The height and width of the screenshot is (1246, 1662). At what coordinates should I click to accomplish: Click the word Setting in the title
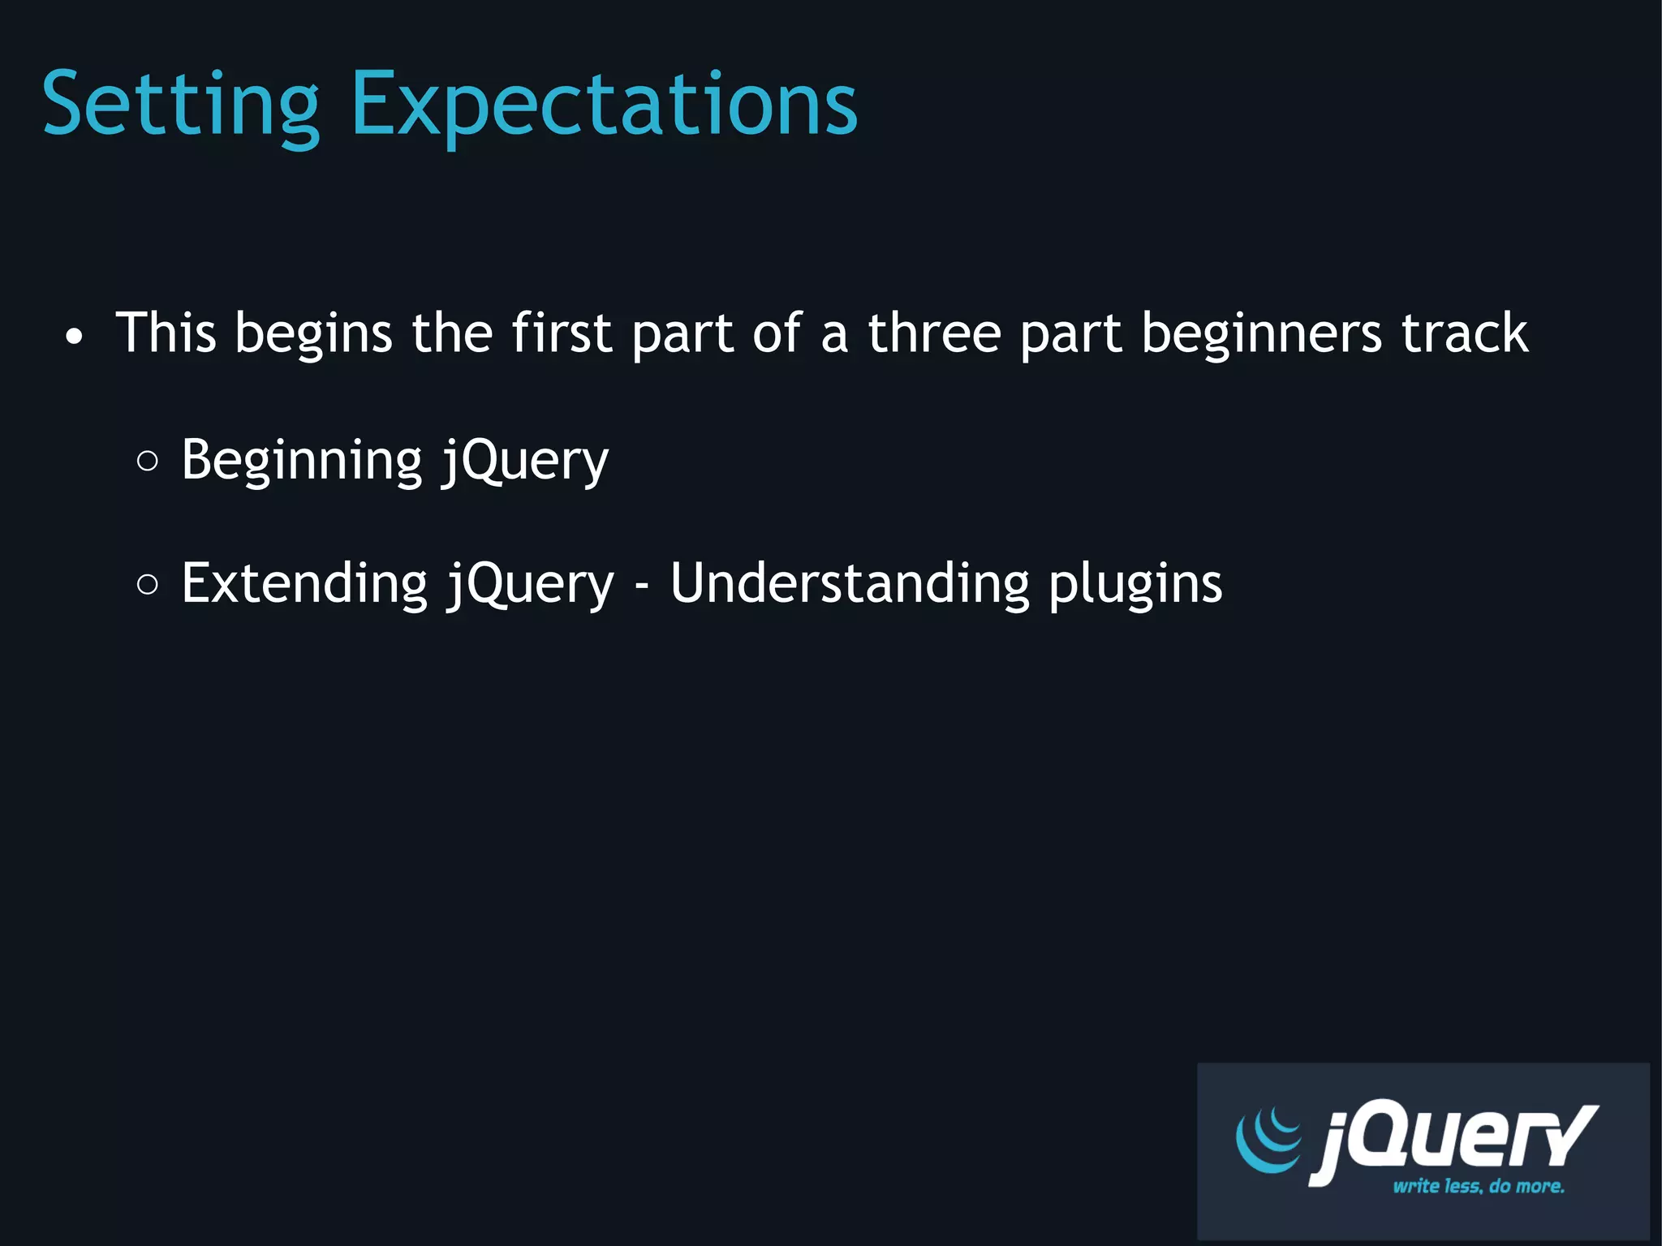pos(180,105)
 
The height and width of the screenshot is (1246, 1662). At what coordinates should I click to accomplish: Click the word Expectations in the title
pos(604,105)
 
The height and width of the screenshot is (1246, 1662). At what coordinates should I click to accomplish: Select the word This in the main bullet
pos(166,333)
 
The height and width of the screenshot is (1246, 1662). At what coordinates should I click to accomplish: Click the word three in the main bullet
pos(934,333)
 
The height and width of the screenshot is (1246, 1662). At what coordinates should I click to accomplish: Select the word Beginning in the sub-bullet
pos(302,461)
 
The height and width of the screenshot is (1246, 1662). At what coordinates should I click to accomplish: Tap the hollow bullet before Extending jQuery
pos(148,585)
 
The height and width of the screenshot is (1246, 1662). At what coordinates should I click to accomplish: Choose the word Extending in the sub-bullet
pos(304,583)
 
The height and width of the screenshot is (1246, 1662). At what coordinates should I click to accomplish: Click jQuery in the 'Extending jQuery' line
pos(531,583)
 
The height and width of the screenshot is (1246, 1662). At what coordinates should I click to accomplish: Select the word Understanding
pos(850,583)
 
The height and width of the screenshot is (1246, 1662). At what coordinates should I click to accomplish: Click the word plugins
pos(1135,585)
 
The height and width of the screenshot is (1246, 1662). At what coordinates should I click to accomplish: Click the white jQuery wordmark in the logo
pos(1453,1140)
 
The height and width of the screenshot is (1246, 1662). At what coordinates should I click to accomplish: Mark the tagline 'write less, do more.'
pos(1478,1186)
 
